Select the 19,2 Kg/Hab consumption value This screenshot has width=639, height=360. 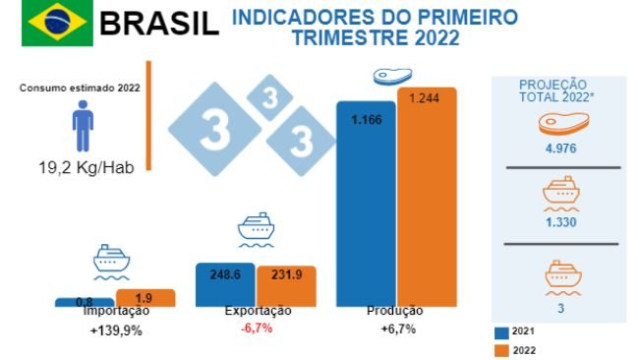point(85,166)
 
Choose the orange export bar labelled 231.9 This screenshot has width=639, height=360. point(286,285)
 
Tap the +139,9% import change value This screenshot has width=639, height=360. point(115,330)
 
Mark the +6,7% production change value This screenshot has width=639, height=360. point(397,330)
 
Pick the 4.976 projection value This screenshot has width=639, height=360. point(559,150)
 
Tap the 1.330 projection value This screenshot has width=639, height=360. point(559,222)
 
